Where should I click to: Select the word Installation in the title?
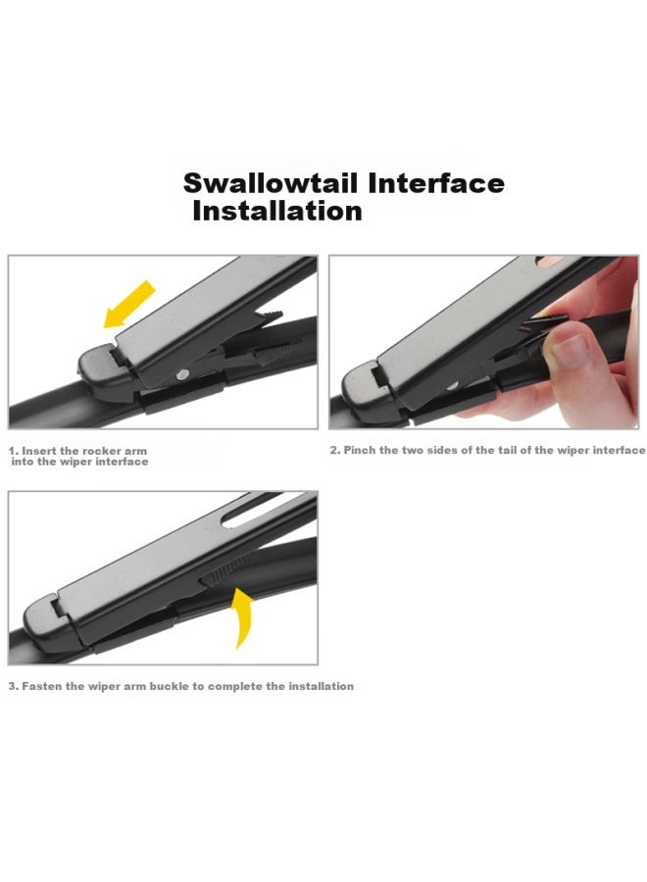click(277, 211)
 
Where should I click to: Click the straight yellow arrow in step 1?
click(128, 305)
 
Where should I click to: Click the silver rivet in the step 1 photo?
click(181, 374)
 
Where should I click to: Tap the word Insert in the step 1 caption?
click(39, 451)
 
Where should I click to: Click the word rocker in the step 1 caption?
click(99, 451)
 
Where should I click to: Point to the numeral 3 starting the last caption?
click(13, 686)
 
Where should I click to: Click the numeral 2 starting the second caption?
click(334, 450)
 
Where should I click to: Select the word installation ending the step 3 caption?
click(322, 686)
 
